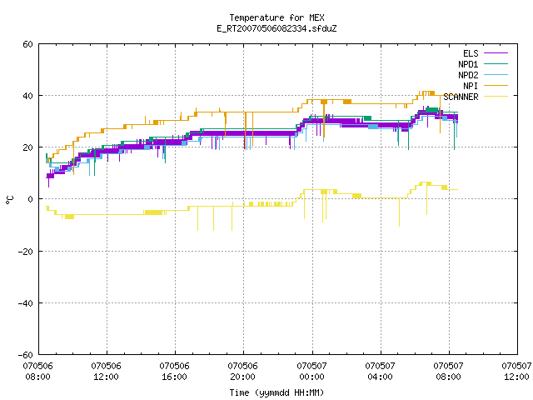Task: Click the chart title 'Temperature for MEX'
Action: click(x=276, y=17)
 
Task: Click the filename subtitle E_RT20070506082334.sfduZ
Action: click(x=276, y=28)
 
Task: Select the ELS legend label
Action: click(x=471, y=53)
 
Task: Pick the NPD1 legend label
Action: click(x=468, y=64)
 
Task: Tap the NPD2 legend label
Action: click(x=468, y=75)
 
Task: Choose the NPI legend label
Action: click(x=471, y=86)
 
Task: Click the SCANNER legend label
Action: click(x=461, y=97)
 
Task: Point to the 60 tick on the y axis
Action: click(x=27, y=44)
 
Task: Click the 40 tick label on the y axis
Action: click(x=27, y=96)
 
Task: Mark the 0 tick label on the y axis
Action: click(x=31, y=199)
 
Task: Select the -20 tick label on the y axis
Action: click(x=26, y=252)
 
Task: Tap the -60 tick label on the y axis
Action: click(x=26, y=355)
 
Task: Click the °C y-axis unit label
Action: click(x=9, y=200)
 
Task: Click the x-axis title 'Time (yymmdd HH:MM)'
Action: click(x=276, y=392)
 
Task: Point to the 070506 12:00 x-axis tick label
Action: click(x=106, y=372)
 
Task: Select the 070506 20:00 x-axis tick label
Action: click(x=242, y=372)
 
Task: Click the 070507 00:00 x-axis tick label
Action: click(x=311, y=372)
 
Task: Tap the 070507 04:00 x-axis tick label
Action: click(x=380, y=372)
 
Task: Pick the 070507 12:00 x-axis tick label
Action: click(x=516, y=372)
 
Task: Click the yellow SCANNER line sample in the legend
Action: click(x=496, y=97)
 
